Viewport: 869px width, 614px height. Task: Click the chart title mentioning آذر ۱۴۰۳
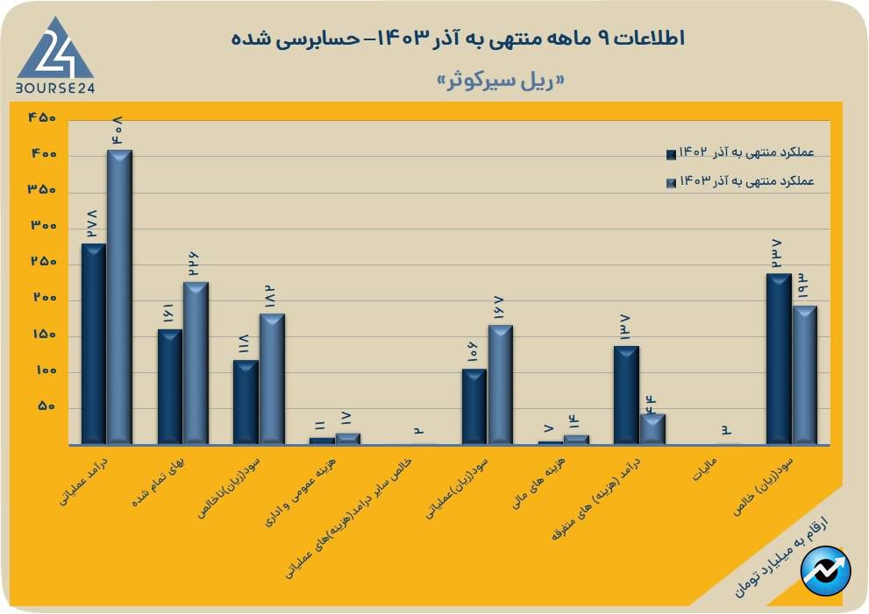click(458, 39)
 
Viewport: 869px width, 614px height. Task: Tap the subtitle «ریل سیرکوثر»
click(500, 81)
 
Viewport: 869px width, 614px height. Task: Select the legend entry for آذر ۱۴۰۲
click(741, 153)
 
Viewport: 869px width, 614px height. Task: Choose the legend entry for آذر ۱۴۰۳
click(741, 182)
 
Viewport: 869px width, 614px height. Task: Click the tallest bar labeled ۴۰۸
click(119, 298)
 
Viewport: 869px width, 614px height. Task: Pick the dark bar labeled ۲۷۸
click(93, 343)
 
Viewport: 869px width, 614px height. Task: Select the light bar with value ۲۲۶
click(196, 363)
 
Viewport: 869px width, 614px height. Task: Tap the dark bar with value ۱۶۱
click(169, 386)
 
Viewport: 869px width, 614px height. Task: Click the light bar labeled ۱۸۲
click(272, 378)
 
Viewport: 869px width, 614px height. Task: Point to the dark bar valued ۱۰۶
click(474, 406)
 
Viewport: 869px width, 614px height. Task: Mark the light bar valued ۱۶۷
click(500, 385)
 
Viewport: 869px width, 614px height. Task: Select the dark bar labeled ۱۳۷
click(626, 395)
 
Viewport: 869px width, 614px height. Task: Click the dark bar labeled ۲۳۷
click(779, 358)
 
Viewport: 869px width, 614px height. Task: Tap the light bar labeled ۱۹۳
click(804, 374)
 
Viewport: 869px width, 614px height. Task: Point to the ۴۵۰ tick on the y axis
click(42, 118)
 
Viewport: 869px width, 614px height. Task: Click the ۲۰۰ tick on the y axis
click(42, 300)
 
